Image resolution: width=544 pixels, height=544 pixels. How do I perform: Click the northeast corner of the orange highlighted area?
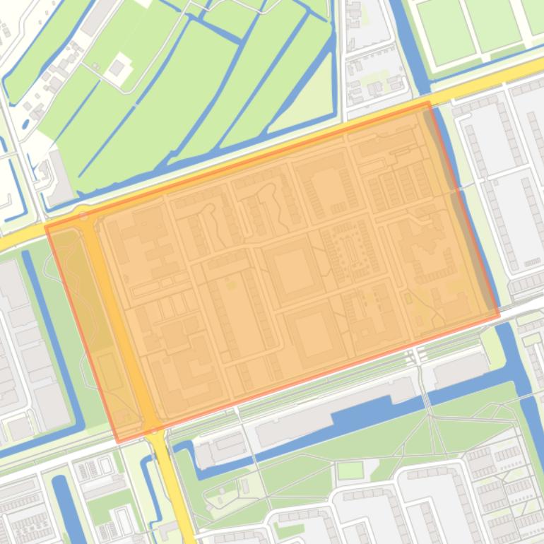tap(428, 103)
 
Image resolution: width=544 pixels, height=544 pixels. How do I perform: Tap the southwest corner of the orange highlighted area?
tap(118, 442)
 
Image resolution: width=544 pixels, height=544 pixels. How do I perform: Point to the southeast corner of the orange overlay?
tap(499, 315)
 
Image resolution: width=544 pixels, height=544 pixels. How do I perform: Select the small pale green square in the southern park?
tap(350, 470)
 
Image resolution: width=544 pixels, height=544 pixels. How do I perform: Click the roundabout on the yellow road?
tap(84, 213)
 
